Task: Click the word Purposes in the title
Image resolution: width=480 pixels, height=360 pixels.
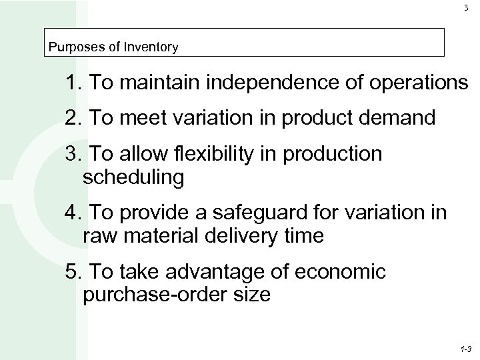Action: coord(69,47)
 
